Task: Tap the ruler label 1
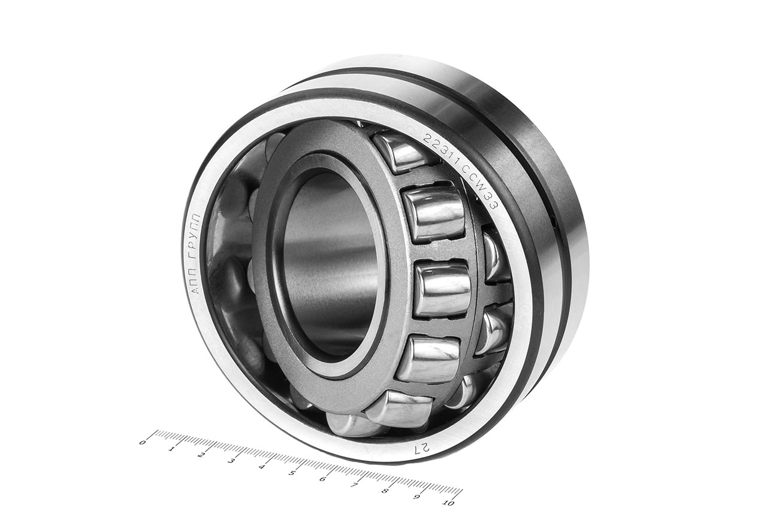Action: pos(172,449)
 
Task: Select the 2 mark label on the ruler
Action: pos(202,455)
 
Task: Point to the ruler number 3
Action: pos(232,461)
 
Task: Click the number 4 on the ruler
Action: pos(262,467)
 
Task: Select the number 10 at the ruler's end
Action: pos(445,503)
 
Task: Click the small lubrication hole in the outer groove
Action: pos(554,223)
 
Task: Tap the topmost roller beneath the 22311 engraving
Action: pos(398,152)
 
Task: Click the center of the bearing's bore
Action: pos(329,264)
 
